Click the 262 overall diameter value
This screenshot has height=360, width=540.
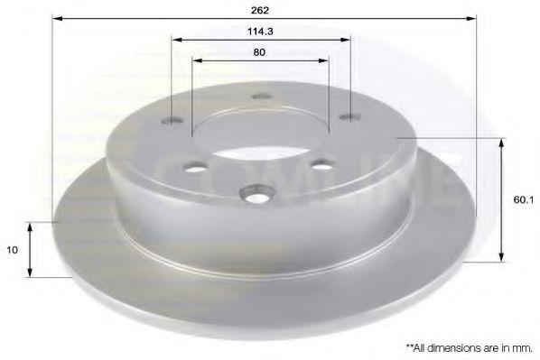coord(261,10)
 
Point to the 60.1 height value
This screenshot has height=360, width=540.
coord(522,202)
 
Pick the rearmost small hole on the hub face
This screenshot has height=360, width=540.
coord(261,96)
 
